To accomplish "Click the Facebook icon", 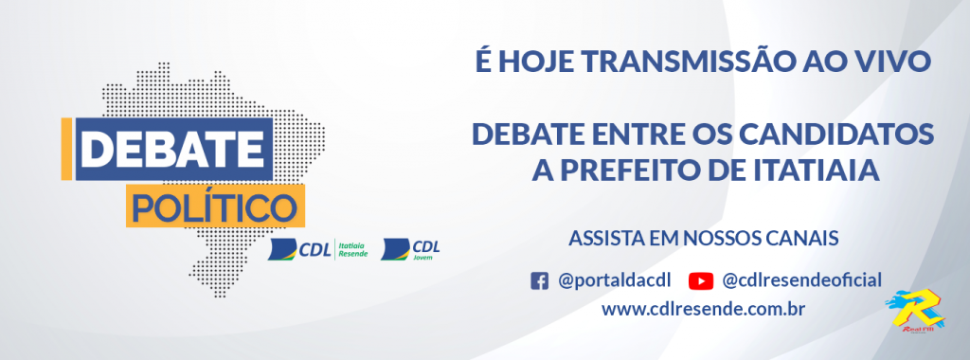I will click(x=539, y=280).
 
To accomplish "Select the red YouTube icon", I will click(x=700, y=280).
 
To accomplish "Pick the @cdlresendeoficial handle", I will click(x=801, y=280).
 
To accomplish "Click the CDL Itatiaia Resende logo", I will click(x=316, y=250).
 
